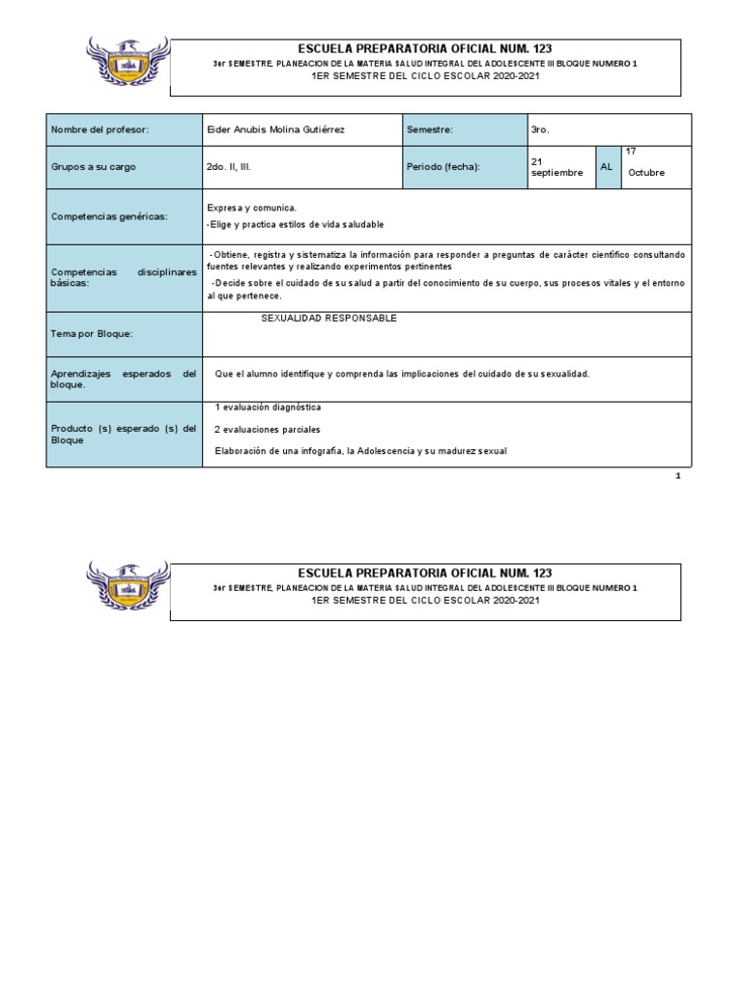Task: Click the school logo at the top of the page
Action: coord(128,62)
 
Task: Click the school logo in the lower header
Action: coord(128,586)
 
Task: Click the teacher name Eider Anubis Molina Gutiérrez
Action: coord(273,128)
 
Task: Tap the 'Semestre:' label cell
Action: coord(430,128)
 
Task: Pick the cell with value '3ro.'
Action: coord(540,128)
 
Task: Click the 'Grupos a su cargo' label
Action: coord(94,167)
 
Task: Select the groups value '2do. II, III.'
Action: coord(229,167)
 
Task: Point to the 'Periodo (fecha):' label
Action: coord(442,167)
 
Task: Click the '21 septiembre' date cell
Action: coord(557,166)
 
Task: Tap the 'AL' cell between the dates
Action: coord(607,167)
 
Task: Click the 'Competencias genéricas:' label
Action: coord(108,216)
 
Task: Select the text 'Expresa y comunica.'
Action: coord(252,208)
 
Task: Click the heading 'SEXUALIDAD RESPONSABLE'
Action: coord(328,319)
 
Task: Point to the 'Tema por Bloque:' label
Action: coord(91,334)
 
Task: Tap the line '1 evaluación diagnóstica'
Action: coord(268,408)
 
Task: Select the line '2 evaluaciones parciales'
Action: coord(268,429)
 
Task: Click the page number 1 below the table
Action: coord(677,476)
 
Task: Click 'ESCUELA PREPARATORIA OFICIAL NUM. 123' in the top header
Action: coord(426,48)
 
